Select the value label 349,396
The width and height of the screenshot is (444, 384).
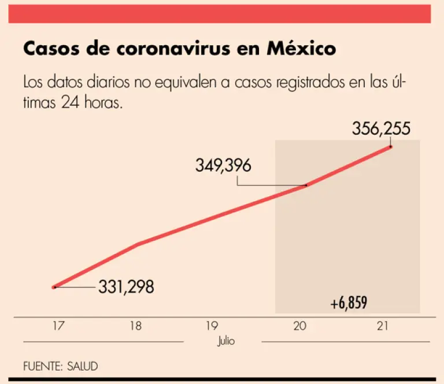[223, 166]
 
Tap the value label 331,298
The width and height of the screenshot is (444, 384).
[126, 286]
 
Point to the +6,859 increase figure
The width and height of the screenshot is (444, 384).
[350, 303]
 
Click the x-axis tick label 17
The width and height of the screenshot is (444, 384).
[57, 326]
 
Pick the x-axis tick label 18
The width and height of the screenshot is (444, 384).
[135, 326]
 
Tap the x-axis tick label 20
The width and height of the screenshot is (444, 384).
[299, 326]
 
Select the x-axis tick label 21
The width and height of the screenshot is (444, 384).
[382, 326]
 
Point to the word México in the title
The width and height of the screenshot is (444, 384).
[301, 49]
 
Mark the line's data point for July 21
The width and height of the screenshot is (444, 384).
[391, 147]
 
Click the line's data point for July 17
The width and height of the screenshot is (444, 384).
[54, 287]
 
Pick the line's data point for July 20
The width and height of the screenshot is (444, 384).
[306, 185]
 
